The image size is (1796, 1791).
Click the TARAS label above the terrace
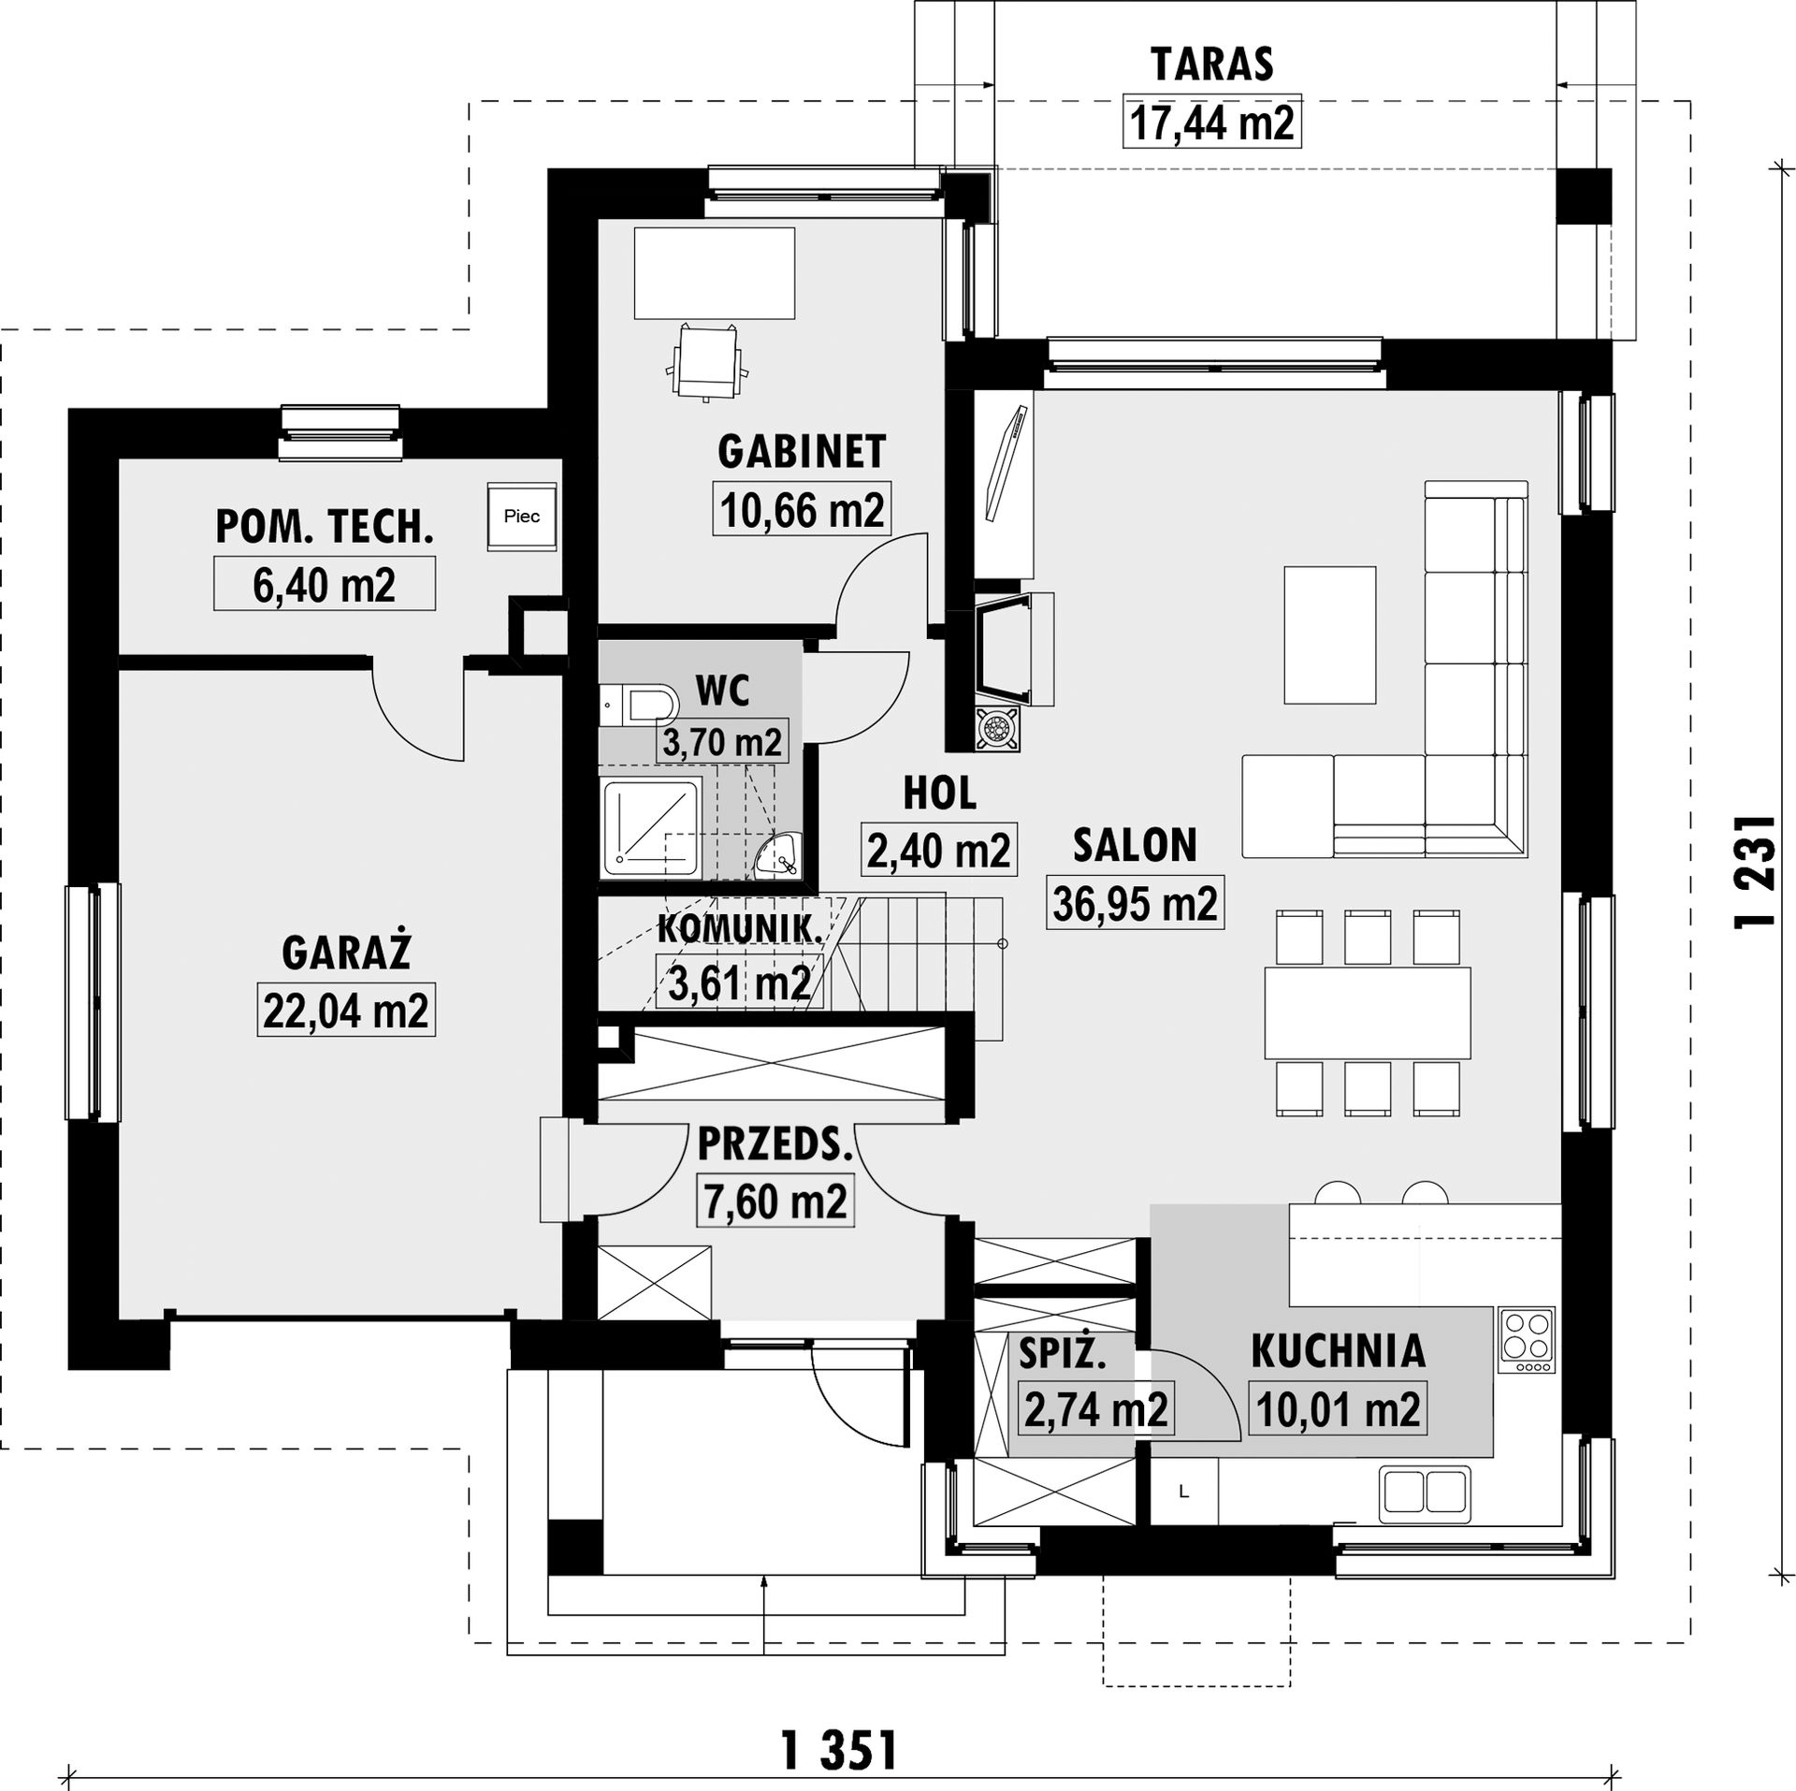point(1212,65)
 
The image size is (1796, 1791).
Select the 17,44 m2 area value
point(1212,123)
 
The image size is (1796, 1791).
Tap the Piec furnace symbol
point(522,516)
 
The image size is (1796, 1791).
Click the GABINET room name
point(802,452)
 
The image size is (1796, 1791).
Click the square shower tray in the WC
point(651,827)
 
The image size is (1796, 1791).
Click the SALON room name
point(1135,845)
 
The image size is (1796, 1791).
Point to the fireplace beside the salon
point(1014,649)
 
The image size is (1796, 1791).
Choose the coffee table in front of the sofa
point(1330,634)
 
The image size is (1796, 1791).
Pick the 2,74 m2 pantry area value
point(1096,1408)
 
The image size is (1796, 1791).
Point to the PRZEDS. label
point(775,1145)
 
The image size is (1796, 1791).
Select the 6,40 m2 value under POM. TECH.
point(324,585)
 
